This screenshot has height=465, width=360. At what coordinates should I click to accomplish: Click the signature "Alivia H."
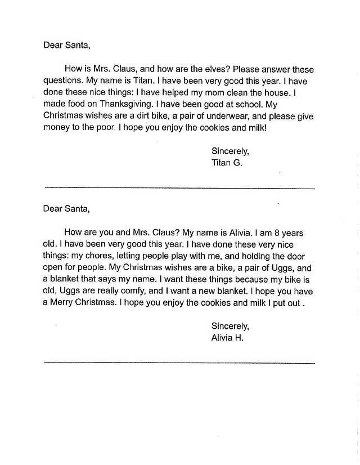(227, 338)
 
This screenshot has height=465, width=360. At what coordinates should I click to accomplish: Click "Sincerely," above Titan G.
(230, 150)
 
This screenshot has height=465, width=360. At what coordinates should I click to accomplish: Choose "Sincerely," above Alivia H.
(230, 326)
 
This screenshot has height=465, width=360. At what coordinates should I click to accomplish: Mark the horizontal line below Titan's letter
(179, 188)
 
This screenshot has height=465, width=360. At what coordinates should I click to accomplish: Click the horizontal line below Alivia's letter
(179, 363)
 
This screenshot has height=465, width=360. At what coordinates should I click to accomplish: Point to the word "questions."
(64, 81)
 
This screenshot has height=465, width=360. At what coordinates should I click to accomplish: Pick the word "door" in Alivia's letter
(303, 256)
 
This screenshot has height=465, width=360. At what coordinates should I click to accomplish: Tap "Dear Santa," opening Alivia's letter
(66, 209)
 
